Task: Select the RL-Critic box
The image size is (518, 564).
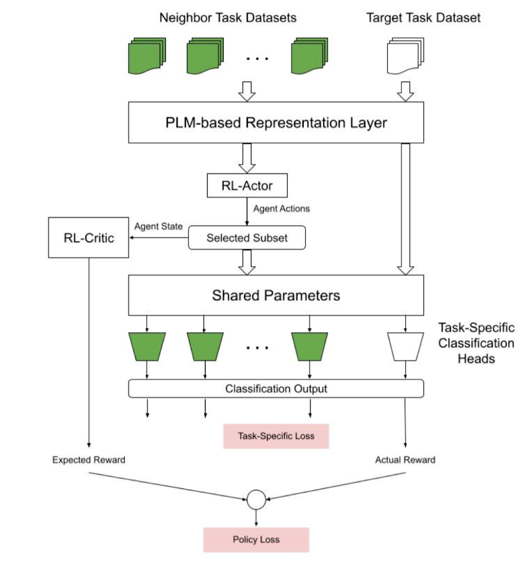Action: pyautogui.click(x=88, y=237)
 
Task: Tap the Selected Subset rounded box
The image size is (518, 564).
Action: pyautogui.click(x=247, y=238)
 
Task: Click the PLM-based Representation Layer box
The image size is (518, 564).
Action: pyautogui.click(x=276, y=123)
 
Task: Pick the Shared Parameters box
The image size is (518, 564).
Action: pyautogui.click(x=276, y=295)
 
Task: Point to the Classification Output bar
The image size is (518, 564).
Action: pyautogui.click(x=276, y=389)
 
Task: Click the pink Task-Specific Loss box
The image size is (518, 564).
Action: pyautogui.click(x=276, y=436)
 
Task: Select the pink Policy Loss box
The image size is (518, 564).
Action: pyautogui.click(x=256, y=540)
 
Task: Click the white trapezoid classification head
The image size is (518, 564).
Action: pyautogui.click(x=405, y=346)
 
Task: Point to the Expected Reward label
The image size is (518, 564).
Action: pyautogui.click(x=89, y=460)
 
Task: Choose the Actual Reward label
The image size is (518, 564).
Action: pyautogui.click(x=405, y=460)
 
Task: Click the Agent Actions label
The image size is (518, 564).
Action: pyautogui.click(x=281, y=209)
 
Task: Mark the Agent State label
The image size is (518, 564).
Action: pyautogui.click(x=158, y=226)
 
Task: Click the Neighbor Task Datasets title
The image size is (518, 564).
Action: pyautogui.click(x=228, y=18)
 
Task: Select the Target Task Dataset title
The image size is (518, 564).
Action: pyautogui.click(x=423, y=18)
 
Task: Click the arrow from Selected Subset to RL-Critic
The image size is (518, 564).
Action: pyautogui.click(x=159, y=238)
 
